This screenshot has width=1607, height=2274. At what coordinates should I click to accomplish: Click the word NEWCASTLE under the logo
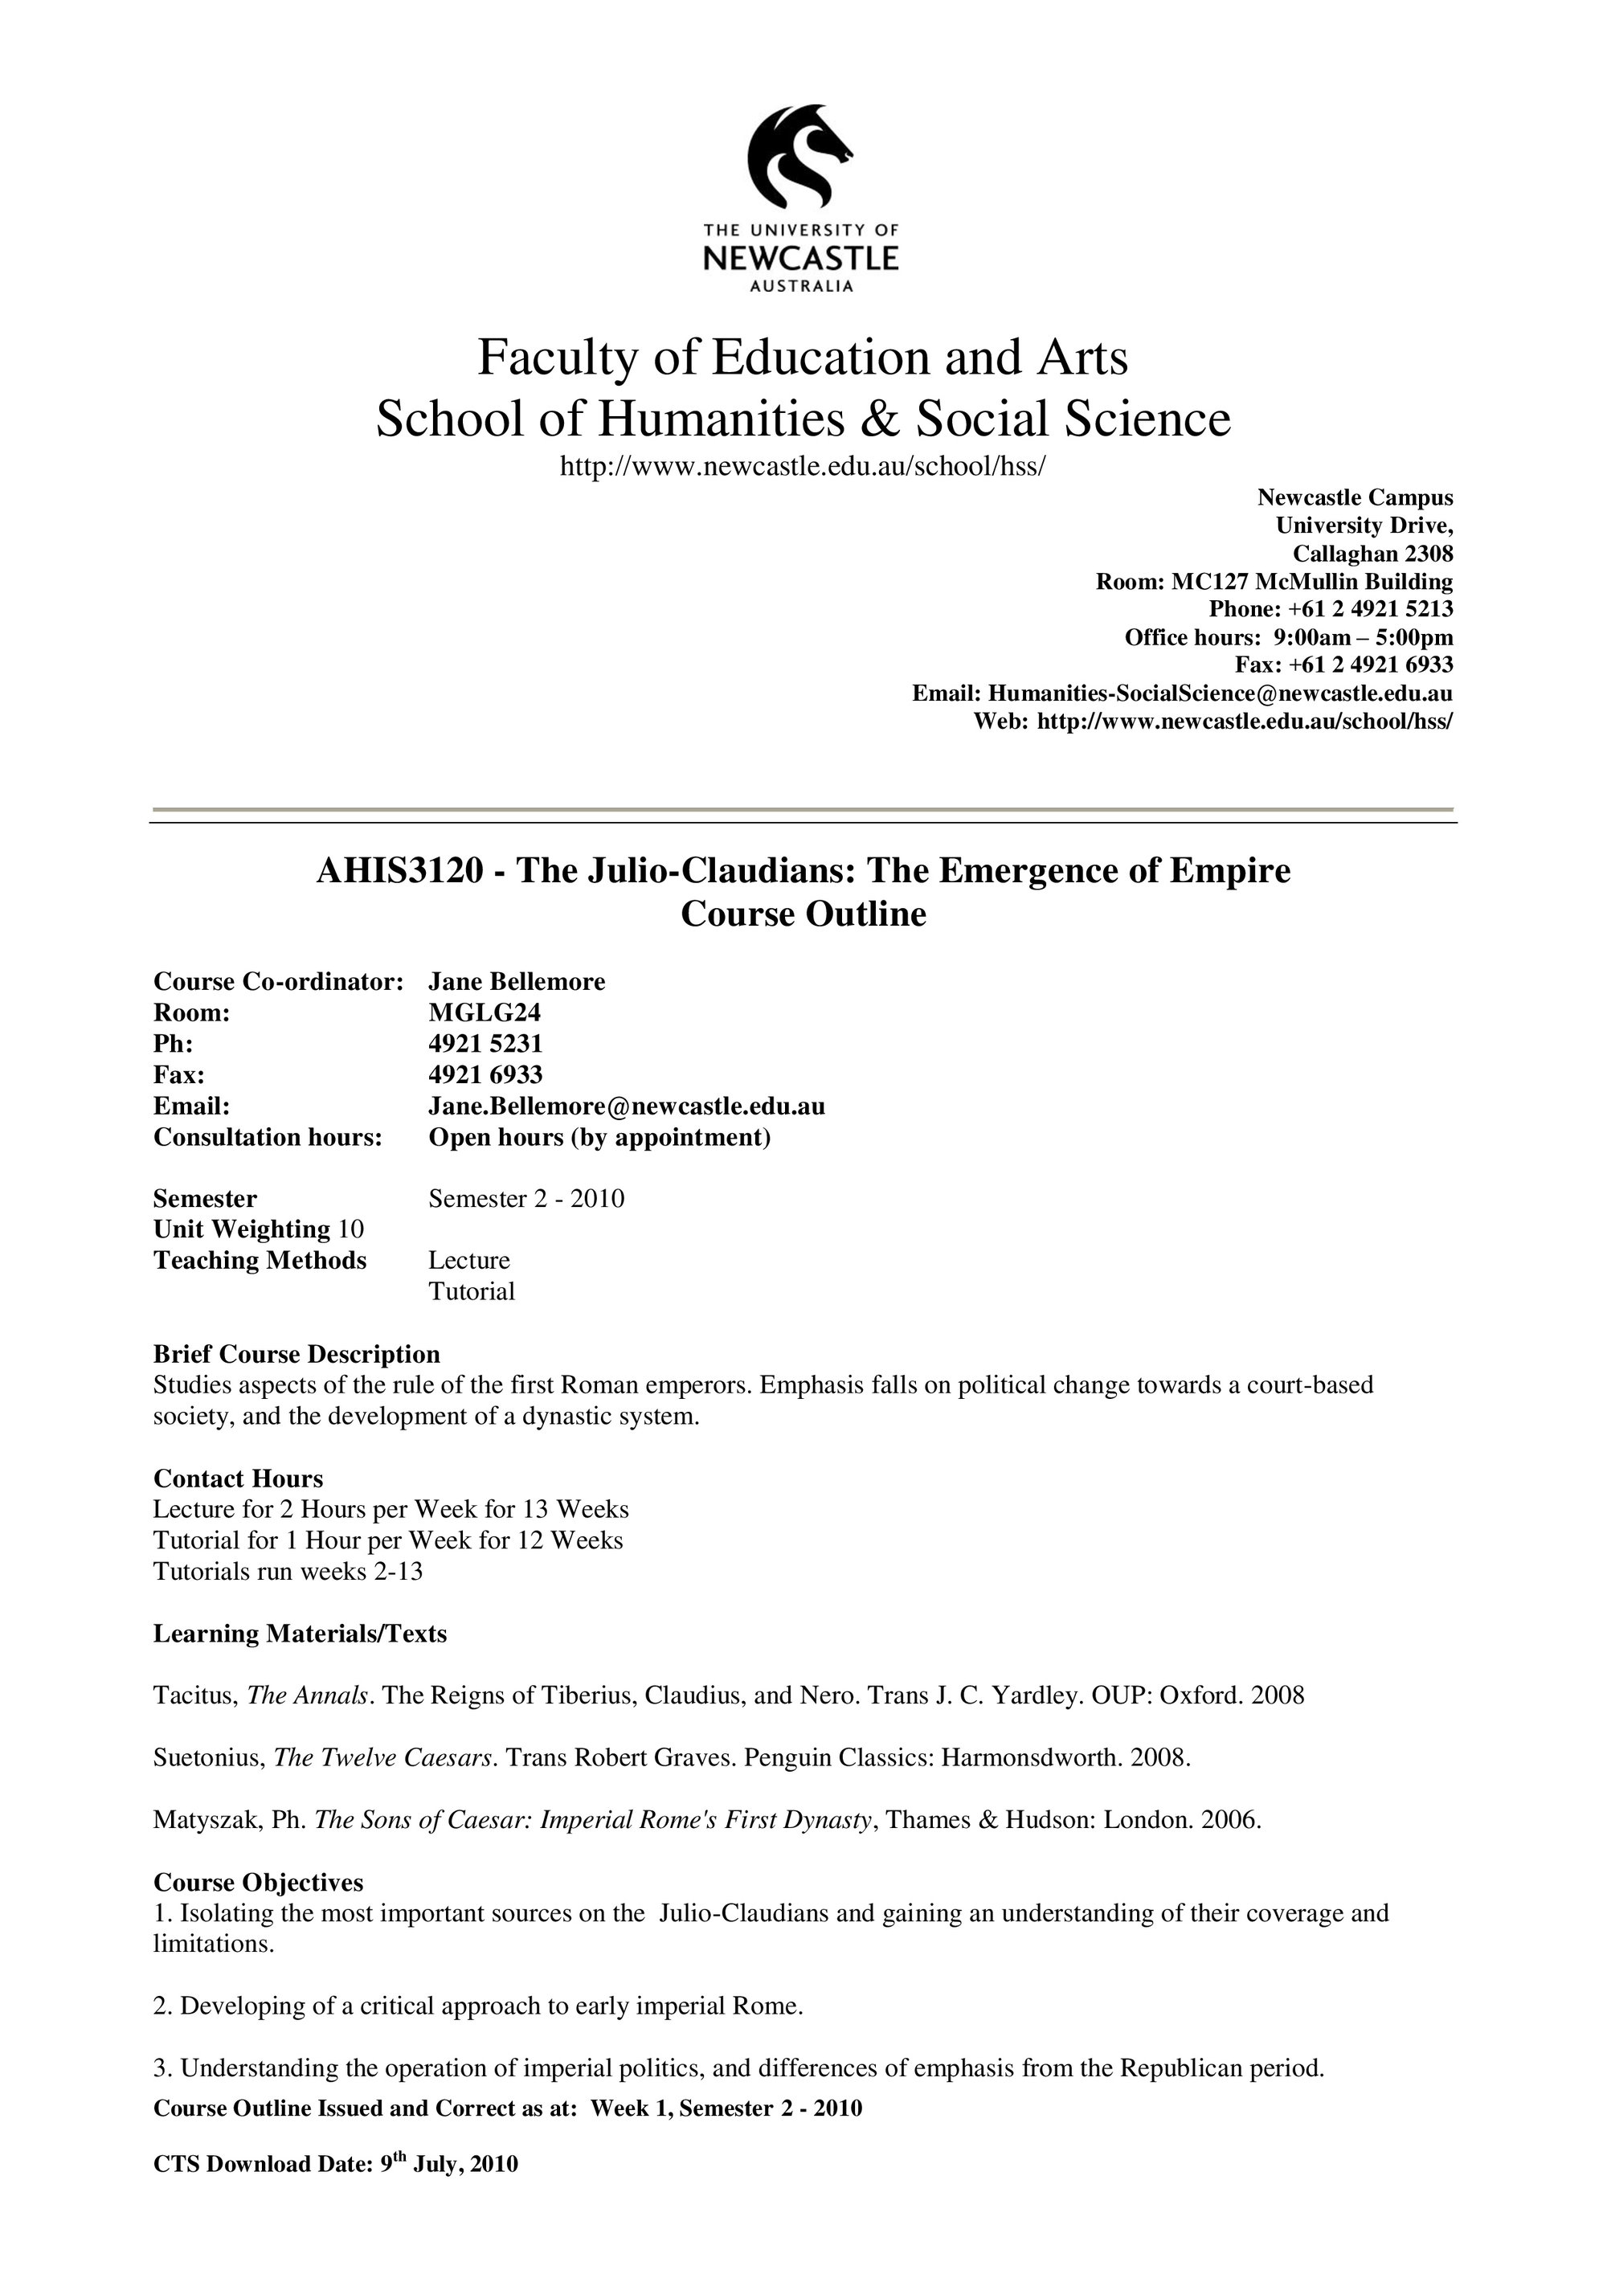point(800,260)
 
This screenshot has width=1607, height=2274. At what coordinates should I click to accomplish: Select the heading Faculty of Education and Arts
point(802,358)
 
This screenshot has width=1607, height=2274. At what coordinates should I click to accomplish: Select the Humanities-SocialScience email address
point(1220,693)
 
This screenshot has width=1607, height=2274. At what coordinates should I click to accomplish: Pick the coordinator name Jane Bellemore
point(516,981)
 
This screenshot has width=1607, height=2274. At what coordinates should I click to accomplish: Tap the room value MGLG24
point(485,1012)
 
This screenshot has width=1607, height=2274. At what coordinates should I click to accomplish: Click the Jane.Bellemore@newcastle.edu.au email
point(626,1106)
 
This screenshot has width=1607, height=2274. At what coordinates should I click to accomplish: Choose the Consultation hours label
point(268,1136)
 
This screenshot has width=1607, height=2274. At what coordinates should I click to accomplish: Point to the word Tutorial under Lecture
point(472,1290)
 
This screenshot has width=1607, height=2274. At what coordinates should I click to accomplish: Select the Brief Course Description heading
point(296,1353)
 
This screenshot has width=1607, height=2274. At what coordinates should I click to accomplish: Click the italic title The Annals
point(308,1695)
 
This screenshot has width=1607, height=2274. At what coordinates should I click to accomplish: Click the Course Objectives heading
point(259,1882)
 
